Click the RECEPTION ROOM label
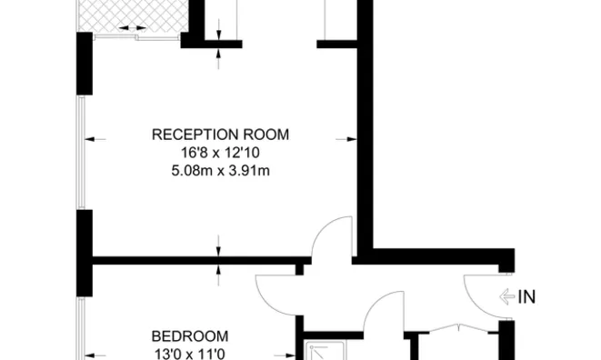[220, 135]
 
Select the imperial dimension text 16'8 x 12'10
[220, 152]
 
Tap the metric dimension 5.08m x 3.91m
[220, 169]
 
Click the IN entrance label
[526, 295]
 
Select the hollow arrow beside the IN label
[506, 295]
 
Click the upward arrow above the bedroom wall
[218, 272]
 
